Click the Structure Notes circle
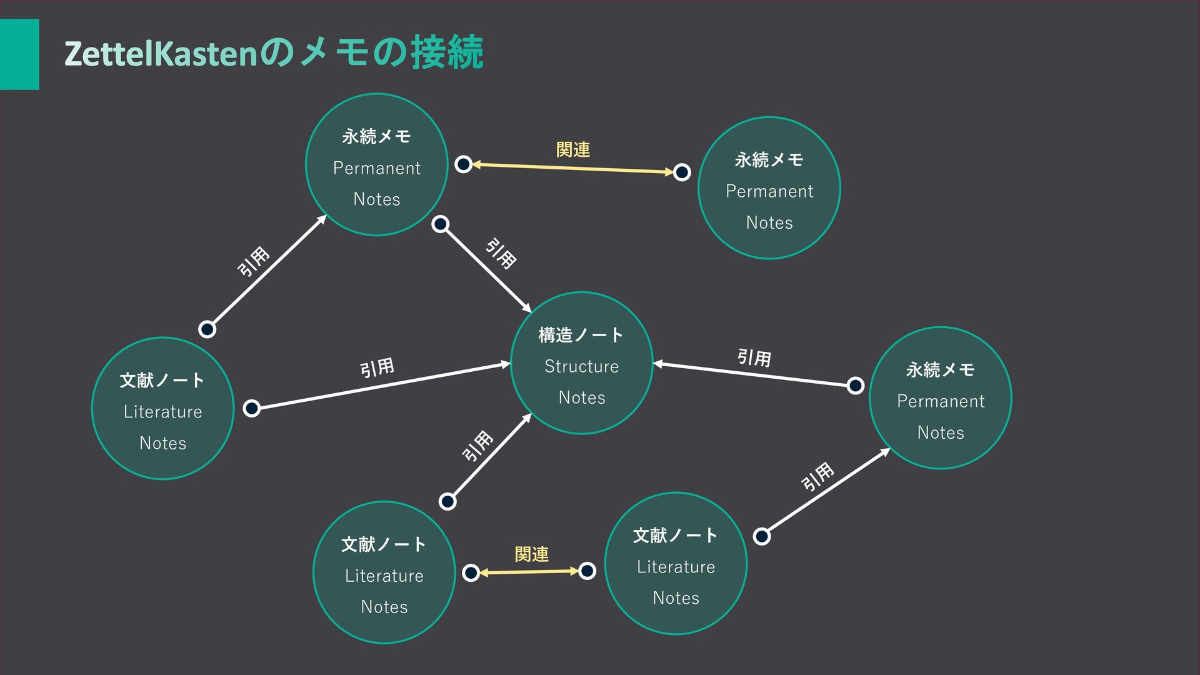[x=581, y=363]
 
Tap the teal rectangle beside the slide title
[x=19, y=54]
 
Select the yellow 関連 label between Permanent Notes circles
[x=572, y=150]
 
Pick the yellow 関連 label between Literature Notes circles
[x=531, y=554]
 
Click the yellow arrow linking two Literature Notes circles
[x=529, y=571]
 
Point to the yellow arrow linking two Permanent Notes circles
[x=572, y=168]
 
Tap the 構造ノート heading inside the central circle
[x=581, y=336]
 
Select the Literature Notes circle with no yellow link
[x=162, y=409]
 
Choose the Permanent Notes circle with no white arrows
[x=769, y=188]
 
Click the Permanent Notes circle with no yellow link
[x=940, y=398]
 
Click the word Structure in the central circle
[x=581, y=366]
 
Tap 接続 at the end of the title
[x=447, y=52]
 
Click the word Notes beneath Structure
[x=581, y=397]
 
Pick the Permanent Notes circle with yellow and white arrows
[x=376, y=165]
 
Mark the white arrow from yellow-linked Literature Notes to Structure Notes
[x=489, y=458]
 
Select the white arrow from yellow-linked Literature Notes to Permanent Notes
[x=825, y=492]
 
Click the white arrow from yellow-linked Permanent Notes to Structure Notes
[x=486, y=267]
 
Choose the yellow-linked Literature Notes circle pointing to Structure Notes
[x=384, y=572]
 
